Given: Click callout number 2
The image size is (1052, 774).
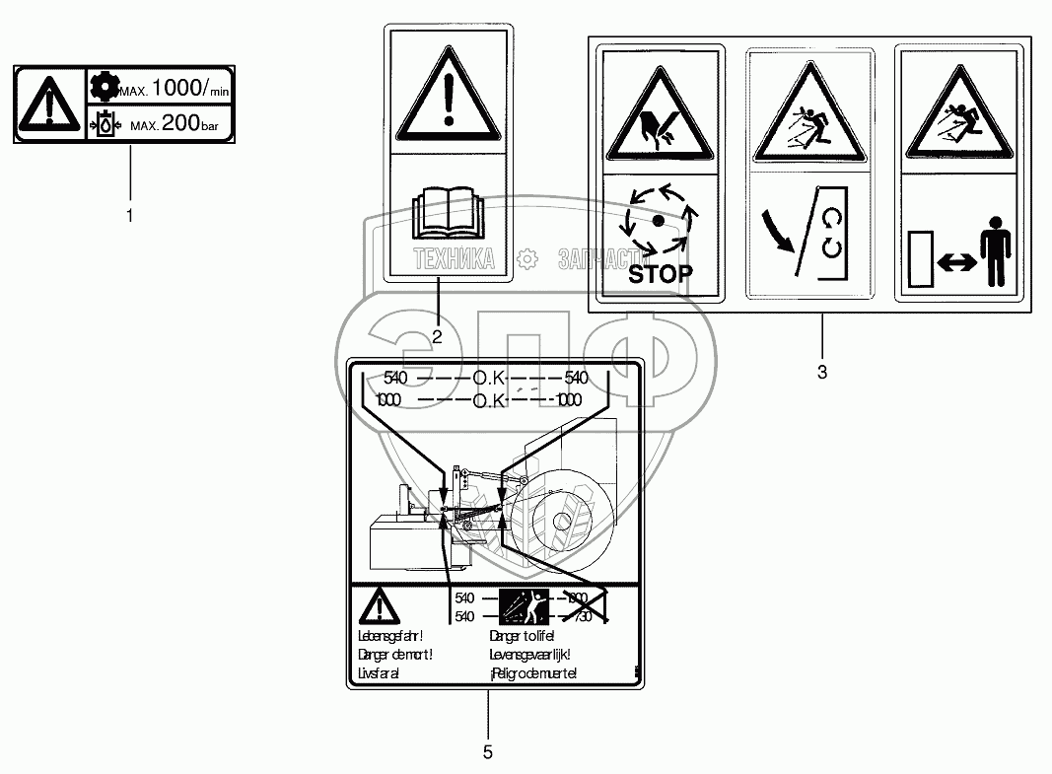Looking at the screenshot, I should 436,336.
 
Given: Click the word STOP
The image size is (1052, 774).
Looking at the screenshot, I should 660,273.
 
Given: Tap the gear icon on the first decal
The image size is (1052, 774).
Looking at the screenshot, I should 103,87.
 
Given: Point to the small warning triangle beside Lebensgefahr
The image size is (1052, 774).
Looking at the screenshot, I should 377,606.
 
